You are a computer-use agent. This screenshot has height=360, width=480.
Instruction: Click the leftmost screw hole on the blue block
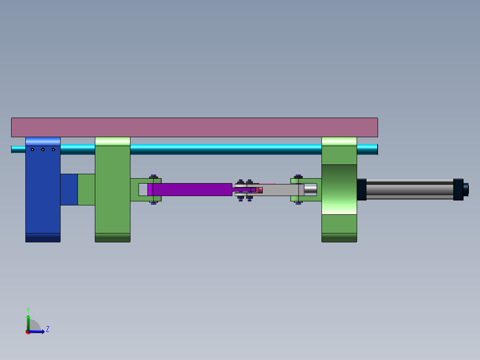[x=32, y=149]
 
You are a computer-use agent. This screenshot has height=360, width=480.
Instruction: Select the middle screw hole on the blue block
[x=43, y=149]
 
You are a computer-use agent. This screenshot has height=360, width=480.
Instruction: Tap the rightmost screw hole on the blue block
[x=53, y=149]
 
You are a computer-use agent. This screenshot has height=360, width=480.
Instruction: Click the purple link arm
[x=191, y=189]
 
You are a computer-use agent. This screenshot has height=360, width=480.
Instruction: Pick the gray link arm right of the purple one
[x=281, y=190]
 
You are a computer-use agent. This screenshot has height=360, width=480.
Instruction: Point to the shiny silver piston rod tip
[x=311, y=189]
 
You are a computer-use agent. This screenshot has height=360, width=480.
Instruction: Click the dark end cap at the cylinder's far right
[x=458, y=189]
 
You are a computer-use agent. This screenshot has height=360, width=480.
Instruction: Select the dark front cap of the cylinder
[x=361, y=189]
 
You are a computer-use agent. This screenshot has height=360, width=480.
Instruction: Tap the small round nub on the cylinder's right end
[x=466, y=189]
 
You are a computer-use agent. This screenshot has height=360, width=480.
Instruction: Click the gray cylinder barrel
[x=410, y=189]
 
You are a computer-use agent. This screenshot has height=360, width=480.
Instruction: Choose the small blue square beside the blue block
[x=69, y=189]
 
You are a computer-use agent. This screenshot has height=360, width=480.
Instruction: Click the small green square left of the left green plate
[x=86, y=189]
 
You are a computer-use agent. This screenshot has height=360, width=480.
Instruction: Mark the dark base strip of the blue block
[x=43, y=237]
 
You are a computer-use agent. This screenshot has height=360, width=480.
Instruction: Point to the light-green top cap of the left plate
[x=113, y=141]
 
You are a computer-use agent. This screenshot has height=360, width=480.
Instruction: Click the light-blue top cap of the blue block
[x=43, y=141]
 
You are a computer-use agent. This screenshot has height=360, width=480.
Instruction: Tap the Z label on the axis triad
[x=48, y=329]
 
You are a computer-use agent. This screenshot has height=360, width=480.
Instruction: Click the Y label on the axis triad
[x=28, y=309]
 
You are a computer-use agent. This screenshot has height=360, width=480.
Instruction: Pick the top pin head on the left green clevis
[x=154, y=177]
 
